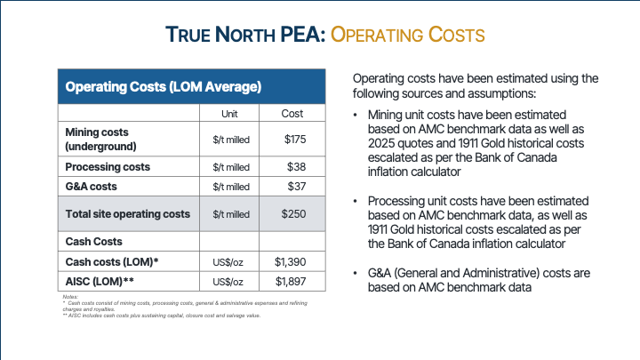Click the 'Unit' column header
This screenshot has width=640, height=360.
tap(229, 114)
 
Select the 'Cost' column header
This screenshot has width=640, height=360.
tap(292, 114)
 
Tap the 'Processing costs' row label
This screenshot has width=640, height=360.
tap(108, 166)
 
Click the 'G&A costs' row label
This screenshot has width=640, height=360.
tap(92, 187)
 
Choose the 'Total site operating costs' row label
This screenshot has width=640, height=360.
tap(127, 214)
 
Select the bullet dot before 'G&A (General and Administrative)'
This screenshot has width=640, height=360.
tap(356, 272)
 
